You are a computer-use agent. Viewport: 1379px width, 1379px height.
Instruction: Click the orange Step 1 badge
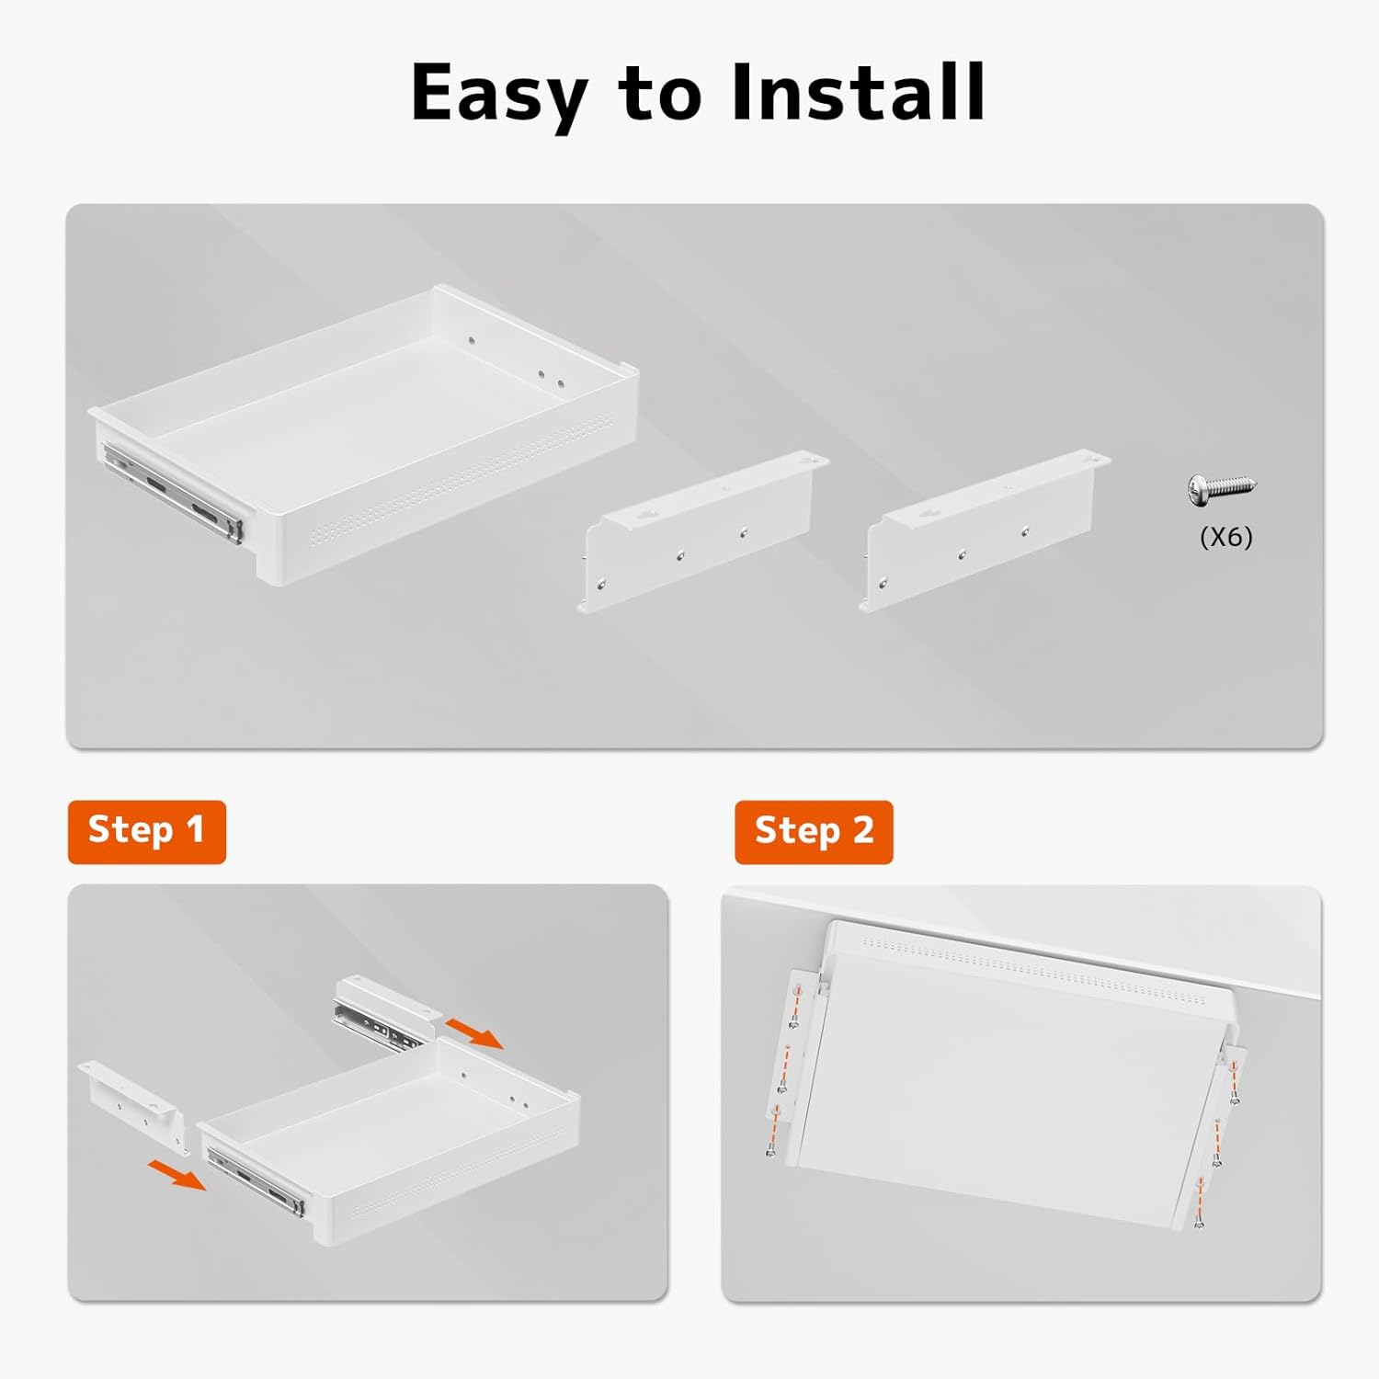pos(147,831)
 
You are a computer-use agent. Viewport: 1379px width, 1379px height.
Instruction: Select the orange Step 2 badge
pos(814,831)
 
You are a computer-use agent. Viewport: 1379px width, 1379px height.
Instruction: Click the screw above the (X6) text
pos(1221,488)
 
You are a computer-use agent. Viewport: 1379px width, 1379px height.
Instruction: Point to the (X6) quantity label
pos(1226,536)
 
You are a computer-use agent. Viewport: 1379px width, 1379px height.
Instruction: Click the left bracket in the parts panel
pos(703,530)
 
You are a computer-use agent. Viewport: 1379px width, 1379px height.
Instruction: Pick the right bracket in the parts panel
pos(985,530)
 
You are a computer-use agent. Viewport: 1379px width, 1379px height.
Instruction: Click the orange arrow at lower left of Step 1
pos(177,1174)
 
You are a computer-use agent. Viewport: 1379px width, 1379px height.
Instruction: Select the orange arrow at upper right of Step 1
pos(473,1031)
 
